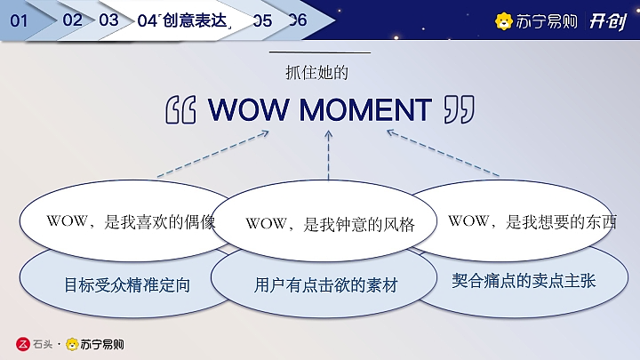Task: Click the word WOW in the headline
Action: point(248,110)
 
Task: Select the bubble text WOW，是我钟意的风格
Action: point(330,224)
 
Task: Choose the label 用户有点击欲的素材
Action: point(325,286)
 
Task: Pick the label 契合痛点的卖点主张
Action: point(524,281)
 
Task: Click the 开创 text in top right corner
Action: point(609,21)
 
